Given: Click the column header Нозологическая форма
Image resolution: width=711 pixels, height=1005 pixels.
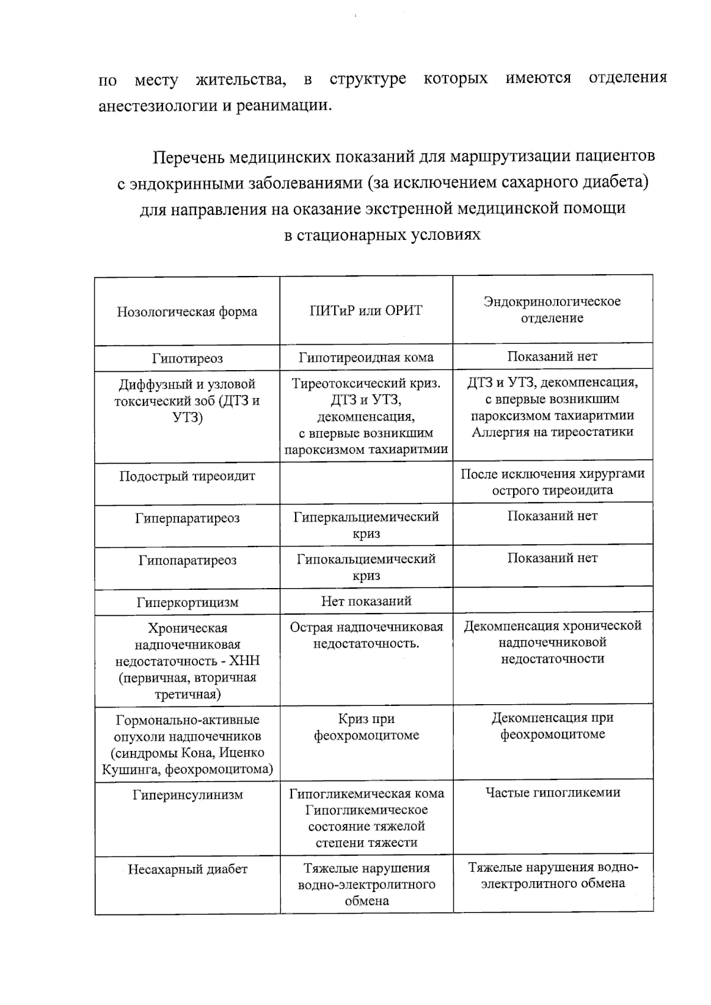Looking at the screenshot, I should pyautogui.click(x=187, y=312).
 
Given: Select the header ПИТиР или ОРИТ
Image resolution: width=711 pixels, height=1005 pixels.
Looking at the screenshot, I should pyautogui.click(x=366, y=310).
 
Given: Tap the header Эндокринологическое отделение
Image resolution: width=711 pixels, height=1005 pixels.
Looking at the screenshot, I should pyautogui.click(x=552, y=309).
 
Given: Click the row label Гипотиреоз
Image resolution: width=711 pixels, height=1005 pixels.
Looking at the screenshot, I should pyautogui.click(x=187, y=358).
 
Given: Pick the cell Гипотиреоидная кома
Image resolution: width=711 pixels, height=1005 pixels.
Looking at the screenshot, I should pyautogui.click(x=366, y=357).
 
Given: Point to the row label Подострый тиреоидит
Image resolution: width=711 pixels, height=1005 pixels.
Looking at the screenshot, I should pyautogui.click(x=187, y=476).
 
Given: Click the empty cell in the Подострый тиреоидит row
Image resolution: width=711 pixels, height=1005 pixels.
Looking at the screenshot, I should pyautogui.click(x=366, y=483).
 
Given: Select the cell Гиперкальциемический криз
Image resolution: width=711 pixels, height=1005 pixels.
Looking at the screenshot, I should pyautogui.click(x=366, y=525).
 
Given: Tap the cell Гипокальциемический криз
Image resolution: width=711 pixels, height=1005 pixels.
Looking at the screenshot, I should pyautogui.click(x=366, y=567).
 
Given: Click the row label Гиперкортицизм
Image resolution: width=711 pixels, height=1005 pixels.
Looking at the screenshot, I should pyautogui.click(x=187, y=602).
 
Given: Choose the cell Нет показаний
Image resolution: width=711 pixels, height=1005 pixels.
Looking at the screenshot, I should pyautogui.click(x=366, y=601).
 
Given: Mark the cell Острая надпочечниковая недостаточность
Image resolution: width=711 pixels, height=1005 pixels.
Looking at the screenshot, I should pyautogui.click(x=366, y=635).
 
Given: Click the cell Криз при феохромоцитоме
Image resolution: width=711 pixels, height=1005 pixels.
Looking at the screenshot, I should pyautogui.click(x=366, y=727).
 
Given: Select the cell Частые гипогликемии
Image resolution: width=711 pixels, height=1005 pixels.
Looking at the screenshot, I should pyautogui.click(x=552, y=792).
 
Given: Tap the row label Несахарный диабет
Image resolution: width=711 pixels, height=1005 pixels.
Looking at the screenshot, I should pyautogui.click(x=187, y=869).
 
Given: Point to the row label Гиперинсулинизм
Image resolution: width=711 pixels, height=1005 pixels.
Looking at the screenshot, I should pyautogui.click(x=187, y=795).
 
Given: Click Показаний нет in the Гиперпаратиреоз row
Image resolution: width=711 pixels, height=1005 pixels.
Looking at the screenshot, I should pyautogui.click(x=552, y=516).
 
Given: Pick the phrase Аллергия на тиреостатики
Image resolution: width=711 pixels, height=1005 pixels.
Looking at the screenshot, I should pyautogui.click(x=552, y=432).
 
